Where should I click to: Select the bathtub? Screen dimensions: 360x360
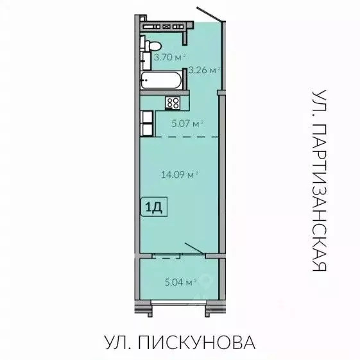tap(162, 82)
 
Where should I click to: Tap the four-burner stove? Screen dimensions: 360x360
tap(173, 102)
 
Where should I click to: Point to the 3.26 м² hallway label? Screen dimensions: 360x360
tap(203, 69)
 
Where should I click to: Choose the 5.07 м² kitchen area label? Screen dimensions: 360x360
tap(187, 122)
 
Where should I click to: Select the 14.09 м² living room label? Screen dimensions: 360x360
tap(179, 173)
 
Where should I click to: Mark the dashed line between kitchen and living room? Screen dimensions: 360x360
tap(186, 137)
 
